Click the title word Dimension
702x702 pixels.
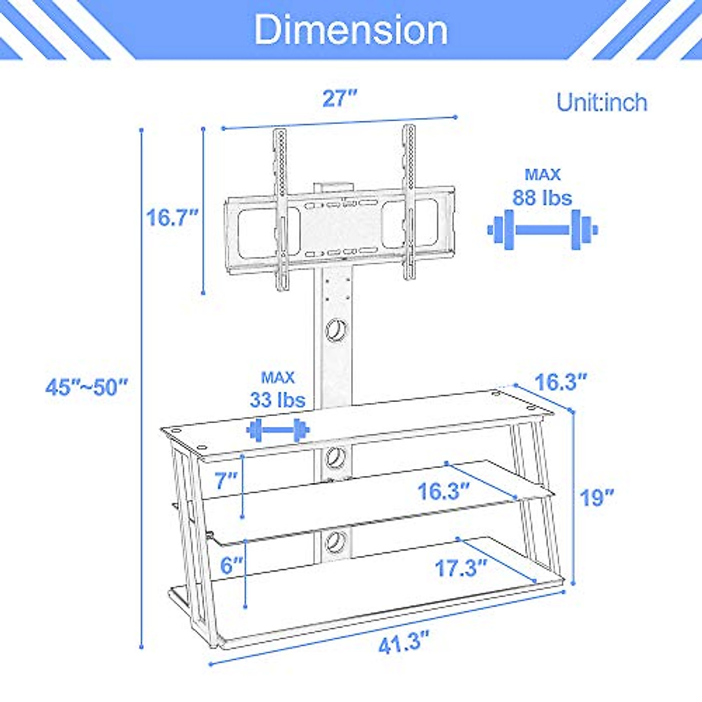351,29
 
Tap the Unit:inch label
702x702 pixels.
601,102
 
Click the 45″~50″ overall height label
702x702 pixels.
87,387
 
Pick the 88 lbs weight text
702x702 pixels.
542,197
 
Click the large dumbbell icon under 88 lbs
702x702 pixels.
542,230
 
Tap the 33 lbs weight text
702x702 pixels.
277,400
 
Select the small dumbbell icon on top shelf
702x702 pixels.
278,431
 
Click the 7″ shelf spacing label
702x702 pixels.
226,480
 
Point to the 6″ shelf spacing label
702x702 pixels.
231,565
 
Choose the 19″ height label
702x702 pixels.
597,497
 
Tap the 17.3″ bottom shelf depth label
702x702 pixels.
461,567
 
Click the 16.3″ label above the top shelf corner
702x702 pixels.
560,382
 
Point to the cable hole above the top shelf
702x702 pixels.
336,330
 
